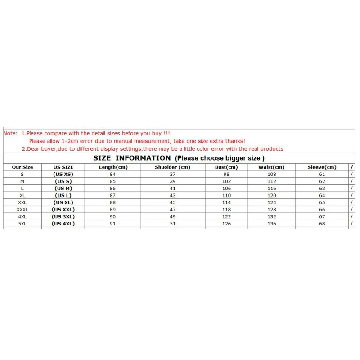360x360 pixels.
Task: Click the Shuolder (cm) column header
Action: click(x=173, y=167)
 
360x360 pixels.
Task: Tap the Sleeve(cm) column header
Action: click(x=322, y=167)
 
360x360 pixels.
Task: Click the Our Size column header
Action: click(x=22, y=167)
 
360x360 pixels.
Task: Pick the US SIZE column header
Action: click(x=63, y=167)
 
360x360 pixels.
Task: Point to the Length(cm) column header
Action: click(x=113, y=167)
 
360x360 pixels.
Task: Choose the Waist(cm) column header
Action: click(x=271, y=167)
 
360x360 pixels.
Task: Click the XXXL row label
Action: click(x=22, y=210)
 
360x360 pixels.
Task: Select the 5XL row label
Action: click(x=22, y=224)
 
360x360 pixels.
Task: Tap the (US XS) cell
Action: click(x=63, y=174)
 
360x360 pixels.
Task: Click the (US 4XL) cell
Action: click(x=63, y=224)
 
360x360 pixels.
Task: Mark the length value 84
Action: click(x=113, y=174)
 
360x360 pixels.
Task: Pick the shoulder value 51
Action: click(x=173, y=224)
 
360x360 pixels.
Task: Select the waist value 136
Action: click(x=271, y=224)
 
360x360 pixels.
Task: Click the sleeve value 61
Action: click(x=322, y=174)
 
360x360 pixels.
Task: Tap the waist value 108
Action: click(x=271, y=174)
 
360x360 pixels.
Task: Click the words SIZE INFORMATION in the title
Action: click(x=132, y=158)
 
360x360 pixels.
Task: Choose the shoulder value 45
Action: click(x=173, y=202)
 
